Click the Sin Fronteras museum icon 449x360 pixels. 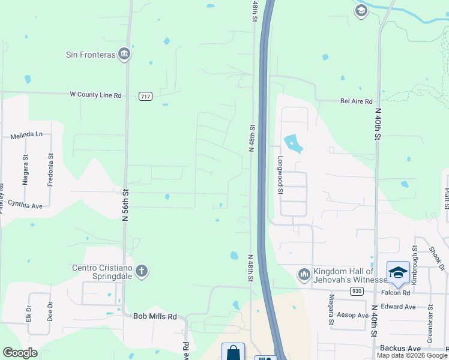coord(124,54)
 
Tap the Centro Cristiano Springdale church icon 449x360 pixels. coord(141,271)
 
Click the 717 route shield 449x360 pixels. coord(145,96)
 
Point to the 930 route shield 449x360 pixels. coord(356,291)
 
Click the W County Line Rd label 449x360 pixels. coord(95,95)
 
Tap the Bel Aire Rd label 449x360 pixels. coord(357,102)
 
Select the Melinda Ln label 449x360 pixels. coord(27,136)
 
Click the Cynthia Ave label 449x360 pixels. coord(25,205)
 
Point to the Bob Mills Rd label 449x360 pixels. coord(155,316)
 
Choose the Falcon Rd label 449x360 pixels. coord(395,293)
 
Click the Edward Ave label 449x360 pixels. coord(399,307)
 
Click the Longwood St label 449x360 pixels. coord(280,175)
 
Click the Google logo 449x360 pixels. coord(20,353)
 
